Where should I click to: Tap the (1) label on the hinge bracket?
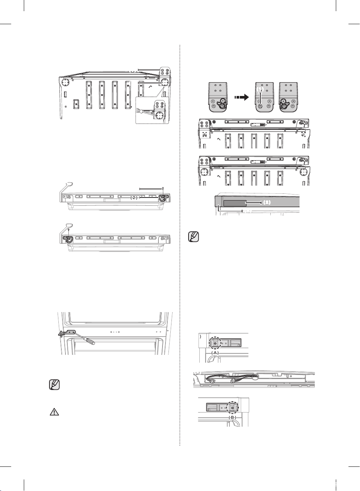click(x=261, y=90)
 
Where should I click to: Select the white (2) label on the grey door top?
click(x=267, y=203)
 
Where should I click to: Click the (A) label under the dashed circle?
click(x=215, y=352)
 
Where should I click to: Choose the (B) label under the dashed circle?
click(x=232, y=417)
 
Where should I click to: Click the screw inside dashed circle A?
click(x=215, y=343)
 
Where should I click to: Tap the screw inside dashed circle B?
click(x=232, y=408)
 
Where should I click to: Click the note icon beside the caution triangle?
click(x=54, y=385)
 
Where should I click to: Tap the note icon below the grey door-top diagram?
click(x=194, y=237)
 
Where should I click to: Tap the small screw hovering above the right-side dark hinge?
click(x=163, y=189)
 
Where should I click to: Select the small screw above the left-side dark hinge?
click(x=68, y=230)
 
